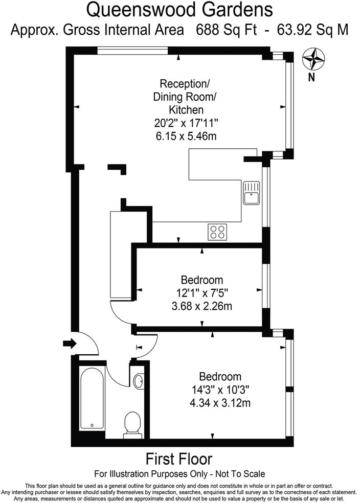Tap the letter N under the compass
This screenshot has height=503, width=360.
click(x=311, y=78)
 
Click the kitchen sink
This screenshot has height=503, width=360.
click(x=252, y=193)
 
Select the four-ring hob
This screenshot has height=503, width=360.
click(x=217, y=232)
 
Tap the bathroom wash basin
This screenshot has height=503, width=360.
click(x=139, y=381)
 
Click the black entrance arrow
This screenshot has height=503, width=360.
click(x=68, y=342)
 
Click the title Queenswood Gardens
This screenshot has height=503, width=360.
click(x=179, y=9)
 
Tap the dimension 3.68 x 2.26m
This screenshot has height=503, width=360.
click(x=202, y=306)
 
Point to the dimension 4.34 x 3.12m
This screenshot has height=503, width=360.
click(x=220, y=403)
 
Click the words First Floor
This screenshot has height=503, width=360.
click(x=179, y=459)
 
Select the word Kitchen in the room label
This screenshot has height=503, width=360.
click(x=186, y=109)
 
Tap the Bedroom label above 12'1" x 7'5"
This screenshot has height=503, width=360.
click(x=202, y=280)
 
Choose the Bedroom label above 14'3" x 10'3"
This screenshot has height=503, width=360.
click(x=220, y=377)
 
